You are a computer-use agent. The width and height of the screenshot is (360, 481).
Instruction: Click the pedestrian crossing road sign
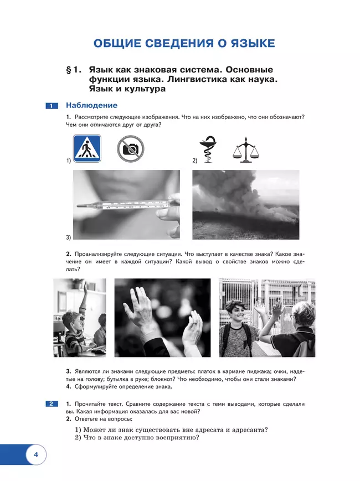(87, 149)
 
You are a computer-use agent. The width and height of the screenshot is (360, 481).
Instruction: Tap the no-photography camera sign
(130, 149)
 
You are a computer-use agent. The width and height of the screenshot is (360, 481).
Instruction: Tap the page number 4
(35, 456)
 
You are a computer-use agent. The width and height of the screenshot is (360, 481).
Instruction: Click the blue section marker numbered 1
(50, 106)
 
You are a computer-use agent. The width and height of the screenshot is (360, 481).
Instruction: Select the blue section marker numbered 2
(50, 404)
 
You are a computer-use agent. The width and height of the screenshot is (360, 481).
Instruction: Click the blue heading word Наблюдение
(91, 105)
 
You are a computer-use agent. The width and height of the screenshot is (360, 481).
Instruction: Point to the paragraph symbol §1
(73, 70)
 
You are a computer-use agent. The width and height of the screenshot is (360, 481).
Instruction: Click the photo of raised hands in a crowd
(162, 317)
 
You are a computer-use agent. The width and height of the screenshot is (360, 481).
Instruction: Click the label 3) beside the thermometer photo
(68, 237)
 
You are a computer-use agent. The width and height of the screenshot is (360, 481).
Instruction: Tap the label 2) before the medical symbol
(195, 161)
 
